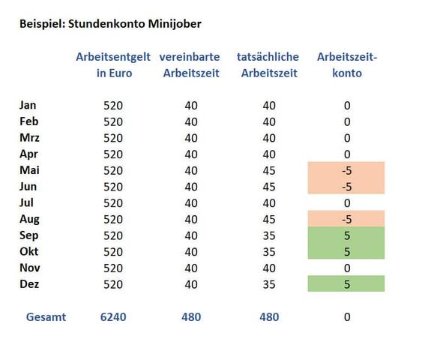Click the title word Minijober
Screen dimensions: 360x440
point(174,24)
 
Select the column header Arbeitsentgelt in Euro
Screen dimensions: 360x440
point(113,65)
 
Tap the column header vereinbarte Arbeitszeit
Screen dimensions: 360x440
point(190,65)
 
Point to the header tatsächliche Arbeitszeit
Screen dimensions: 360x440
point(268,65)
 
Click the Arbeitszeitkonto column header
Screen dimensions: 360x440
point(346,65)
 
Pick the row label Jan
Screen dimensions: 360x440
point(28,105)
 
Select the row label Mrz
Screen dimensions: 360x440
point(29,137)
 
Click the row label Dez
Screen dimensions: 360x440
point(28,284)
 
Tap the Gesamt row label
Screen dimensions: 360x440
point(46,317)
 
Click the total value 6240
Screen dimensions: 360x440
point(113,317)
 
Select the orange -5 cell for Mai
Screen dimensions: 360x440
point(346,170)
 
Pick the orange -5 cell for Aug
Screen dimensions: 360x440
point(346,219)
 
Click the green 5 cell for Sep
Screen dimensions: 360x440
point(346,235)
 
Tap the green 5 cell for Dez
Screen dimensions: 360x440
point(346,284)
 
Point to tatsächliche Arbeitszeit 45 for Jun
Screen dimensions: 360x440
point(269,187)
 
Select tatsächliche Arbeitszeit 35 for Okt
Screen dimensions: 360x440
point(269,252)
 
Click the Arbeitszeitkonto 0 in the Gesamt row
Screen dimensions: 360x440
point(347,317)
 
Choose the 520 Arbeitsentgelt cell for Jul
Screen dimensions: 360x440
point(113,202)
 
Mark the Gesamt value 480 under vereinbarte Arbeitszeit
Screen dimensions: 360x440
point(191,317)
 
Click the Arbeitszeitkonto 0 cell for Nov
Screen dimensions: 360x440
point(347,268)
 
